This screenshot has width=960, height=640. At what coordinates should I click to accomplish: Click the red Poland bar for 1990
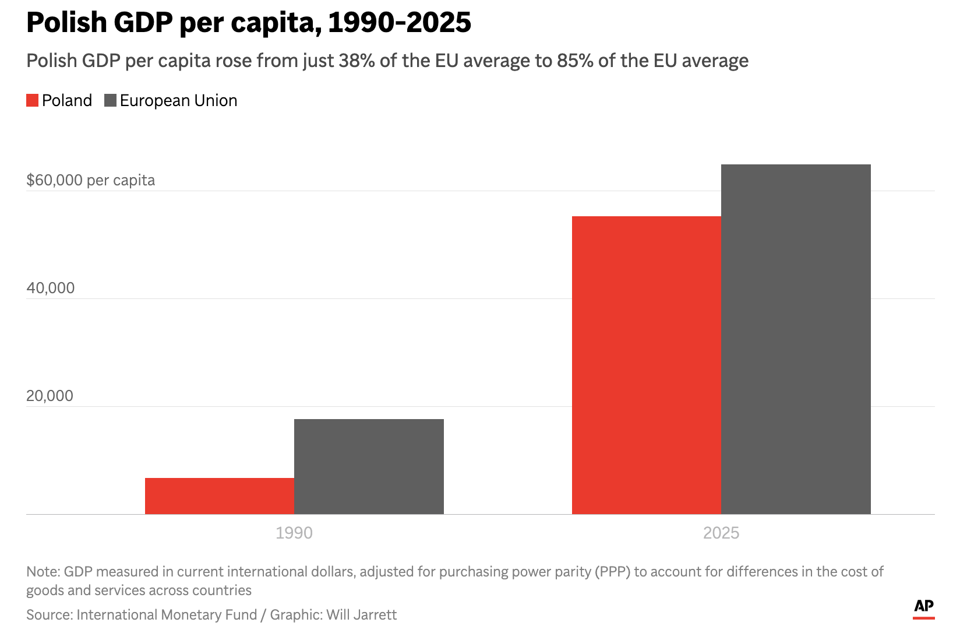pos(220,496)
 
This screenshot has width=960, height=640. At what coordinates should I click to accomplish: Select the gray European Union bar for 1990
pos(369,466)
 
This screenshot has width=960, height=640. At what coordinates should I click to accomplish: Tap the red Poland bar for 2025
pos(646,365)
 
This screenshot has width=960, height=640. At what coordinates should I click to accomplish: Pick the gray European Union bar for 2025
pos(796,339)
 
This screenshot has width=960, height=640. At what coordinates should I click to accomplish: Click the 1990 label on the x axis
pos(294,533)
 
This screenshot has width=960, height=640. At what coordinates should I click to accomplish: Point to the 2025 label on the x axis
pos(721,533)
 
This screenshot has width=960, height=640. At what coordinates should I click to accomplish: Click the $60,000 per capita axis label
pos(91,180)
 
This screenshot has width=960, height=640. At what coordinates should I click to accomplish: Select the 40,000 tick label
pos(51,288)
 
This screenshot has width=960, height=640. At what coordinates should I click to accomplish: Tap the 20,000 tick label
pos(50,396)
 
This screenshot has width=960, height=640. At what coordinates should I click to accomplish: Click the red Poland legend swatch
pos(33,101)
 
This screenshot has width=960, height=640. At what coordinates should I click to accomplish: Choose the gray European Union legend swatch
pos(110,101)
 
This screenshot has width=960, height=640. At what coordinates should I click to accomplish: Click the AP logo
pos(923,607)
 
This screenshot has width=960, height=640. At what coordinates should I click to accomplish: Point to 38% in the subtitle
pos(357,61)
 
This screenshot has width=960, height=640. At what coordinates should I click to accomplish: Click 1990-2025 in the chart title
pos(400,23)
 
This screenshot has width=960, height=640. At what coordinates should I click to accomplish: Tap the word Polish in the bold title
pos(67,23)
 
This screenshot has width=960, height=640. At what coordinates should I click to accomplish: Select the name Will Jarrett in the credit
pos(361,615)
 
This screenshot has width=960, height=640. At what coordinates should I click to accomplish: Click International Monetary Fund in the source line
pos(167,615)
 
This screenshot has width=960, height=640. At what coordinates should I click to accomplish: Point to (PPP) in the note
pos(612,572)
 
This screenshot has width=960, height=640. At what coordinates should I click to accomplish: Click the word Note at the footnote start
pos(42,572)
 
